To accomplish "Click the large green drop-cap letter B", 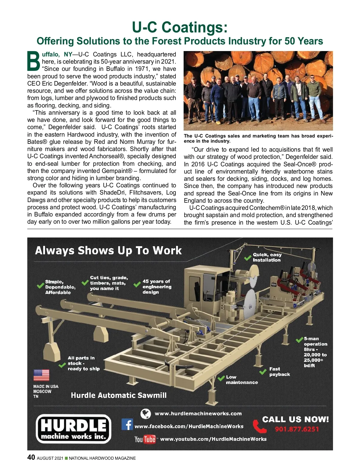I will [x=34, y=61].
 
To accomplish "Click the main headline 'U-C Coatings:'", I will [x=180, y=27].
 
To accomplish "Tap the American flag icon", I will [x=41, y=375].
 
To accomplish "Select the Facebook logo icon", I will [x=127, y=425].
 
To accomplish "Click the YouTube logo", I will [x=145, y=439].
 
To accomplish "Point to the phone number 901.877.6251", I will [x=297, y=429].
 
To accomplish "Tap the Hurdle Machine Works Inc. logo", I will [x=73, y=429].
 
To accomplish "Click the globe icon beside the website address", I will [x=145, y=414].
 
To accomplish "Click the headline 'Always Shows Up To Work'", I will [x=108, y=250].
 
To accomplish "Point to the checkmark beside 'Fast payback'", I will [x=263, y=372].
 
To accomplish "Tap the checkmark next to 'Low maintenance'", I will [x=221, y=378].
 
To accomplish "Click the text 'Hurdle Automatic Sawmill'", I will [x=118, y=395].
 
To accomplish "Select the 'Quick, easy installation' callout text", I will [x=267, y=257].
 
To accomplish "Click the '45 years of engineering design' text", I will [x=157, y=286].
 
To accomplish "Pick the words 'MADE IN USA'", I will [x=46, y=386].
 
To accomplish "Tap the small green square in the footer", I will [x=66, y=458].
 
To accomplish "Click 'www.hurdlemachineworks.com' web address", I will [x=198, y=414].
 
